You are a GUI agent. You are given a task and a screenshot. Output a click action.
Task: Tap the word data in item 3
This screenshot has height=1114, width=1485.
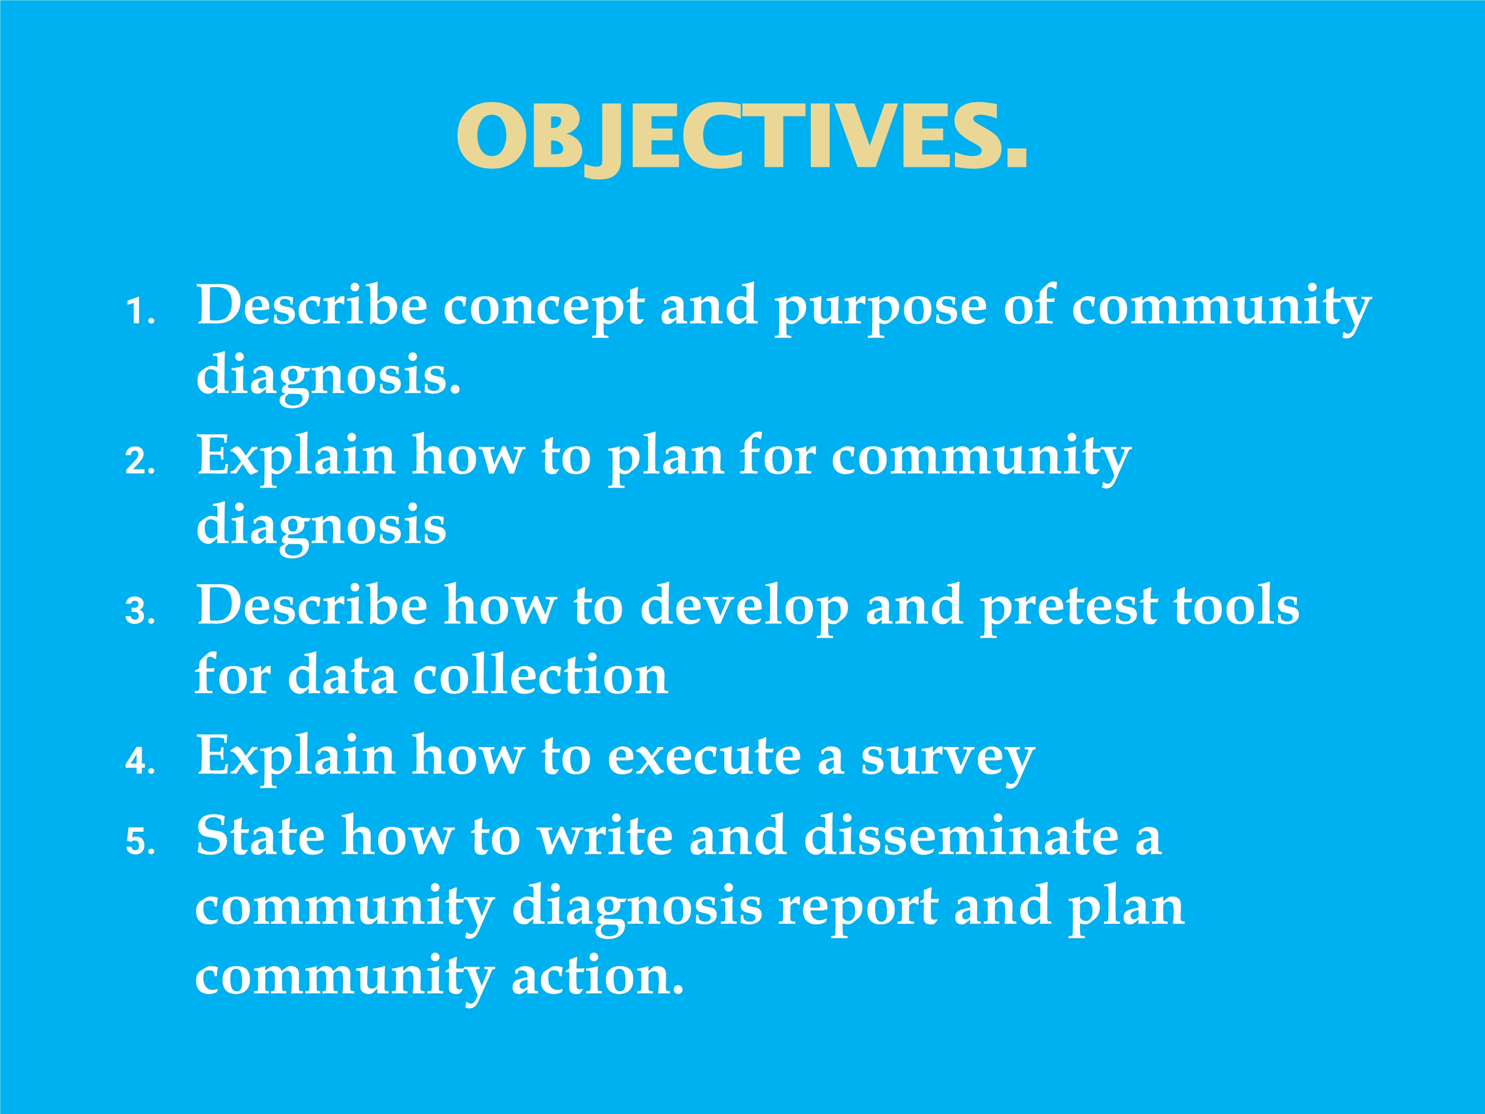tap(343, 675)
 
